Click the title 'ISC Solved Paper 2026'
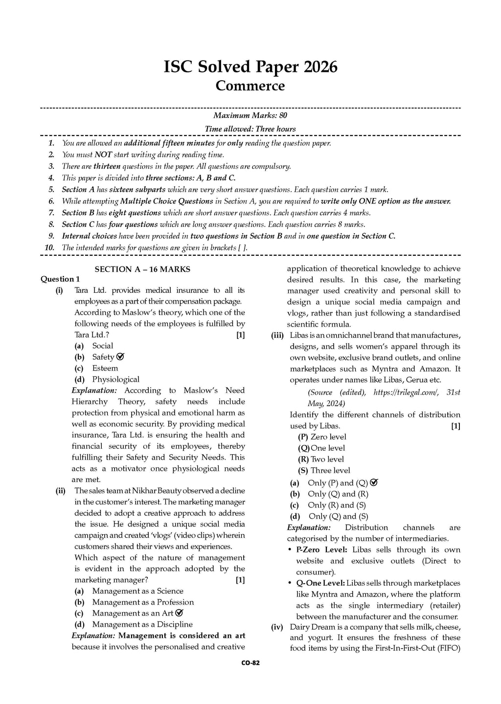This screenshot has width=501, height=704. [250, 67]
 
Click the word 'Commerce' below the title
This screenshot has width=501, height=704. [250, 86]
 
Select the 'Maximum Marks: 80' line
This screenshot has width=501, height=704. [250, 115]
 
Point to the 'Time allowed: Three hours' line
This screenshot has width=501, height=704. [250, 129]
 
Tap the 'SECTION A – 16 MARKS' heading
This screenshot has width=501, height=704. [142, 269]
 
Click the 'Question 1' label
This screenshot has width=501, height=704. [60, 279]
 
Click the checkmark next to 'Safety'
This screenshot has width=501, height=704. [120, 357]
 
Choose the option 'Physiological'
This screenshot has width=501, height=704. [115, 379]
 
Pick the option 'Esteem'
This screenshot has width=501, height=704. [105, 368]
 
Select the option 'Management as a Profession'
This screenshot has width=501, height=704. [143, 602]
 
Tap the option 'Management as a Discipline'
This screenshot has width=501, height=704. [142, 624]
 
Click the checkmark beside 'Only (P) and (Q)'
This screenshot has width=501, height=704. [374, 483]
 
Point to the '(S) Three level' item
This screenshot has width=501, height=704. [324, 470]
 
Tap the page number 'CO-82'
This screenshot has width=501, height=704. [250, 663]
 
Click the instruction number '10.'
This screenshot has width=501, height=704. [49, 248]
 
